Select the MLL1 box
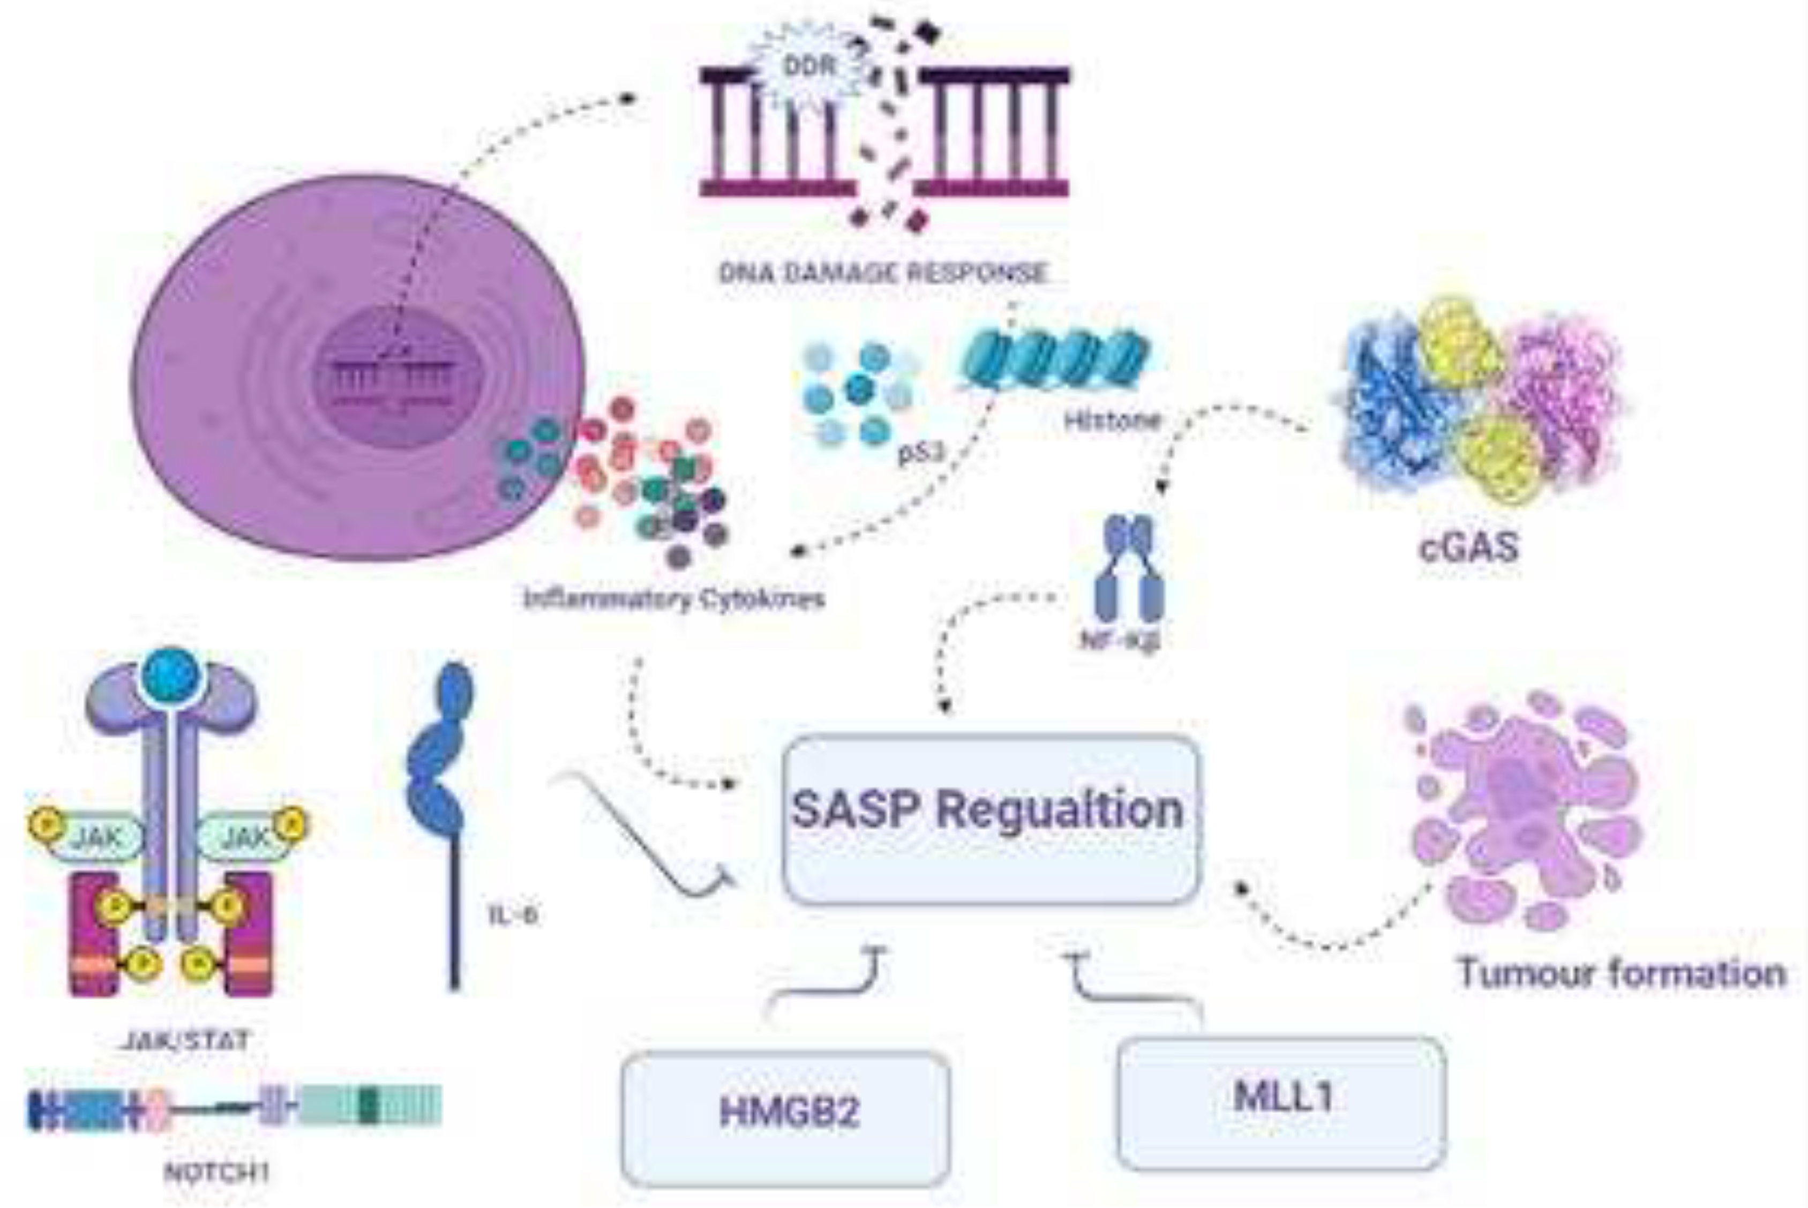click(1280, 1102)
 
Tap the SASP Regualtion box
click(991, 819)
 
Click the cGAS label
click(1468, 548)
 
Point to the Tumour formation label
click(1622, 973)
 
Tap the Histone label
click(1112, 421)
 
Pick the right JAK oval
click(245, 837)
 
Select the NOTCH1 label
click(217, 1173)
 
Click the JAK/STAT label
click(186, 1041)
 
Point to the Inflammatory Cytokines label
click(674, 599)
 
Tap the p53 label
click(920, 453)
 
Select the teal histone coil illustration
click(1055, 357)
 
